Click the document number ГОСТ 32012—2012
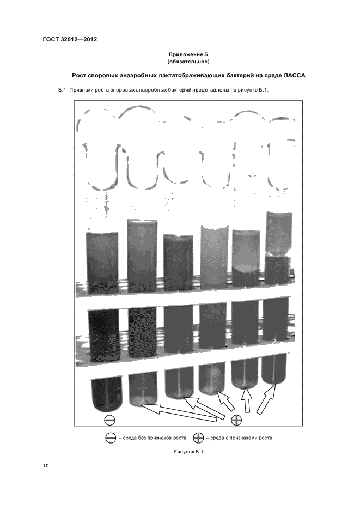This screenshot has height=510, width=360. click(70, 40)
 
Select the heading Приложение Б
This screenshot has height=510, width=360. click(188, 54)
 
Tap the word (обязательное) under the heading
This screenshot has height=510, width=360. click(188, 62)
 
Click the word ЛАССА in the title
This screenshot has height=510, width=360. click(294, 75)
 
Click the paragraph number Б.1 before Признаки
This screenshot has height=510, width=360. click(62, 90)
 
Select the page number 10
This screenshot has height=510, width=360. click(46, 466)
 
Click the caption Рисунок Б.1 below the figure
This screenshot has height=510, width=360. click(188, 452)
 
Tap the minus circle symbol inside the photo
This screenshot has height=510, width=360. click(109, 420)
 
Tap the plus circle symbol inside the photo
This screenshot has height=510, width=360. click(236, 420)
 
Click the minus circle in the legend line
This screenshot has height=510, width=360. click(111, 438)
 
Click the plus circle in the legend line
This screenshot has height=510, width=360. click(198, 438)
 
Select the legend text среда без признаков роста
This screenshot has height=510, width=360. click(152, 438)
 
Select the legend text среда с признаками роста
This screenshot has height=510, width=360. click(239, 438)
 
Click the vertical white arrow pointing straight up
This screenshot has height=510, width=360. click(247, 400)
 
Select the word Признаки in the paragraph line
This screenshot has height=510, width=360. click(81, 90)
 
